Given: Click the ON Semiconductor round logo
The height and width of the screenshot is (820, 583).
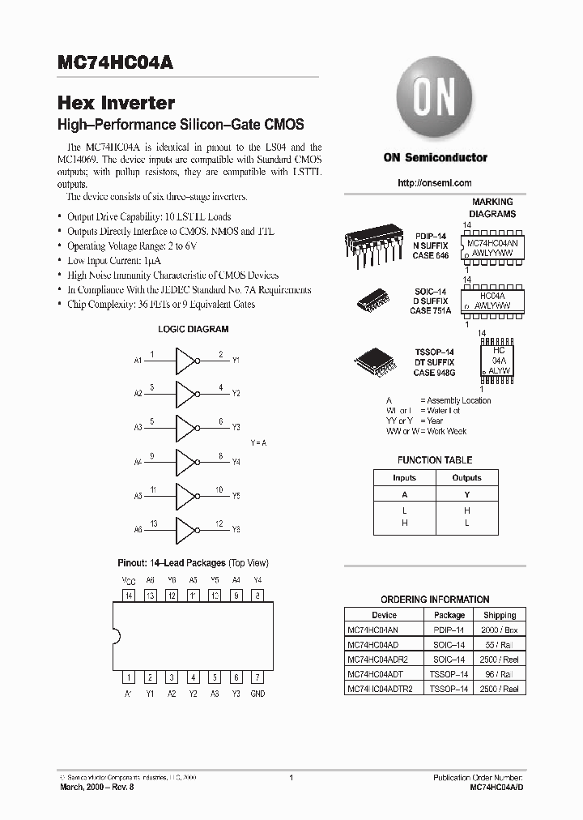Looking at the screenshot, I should point(435,99).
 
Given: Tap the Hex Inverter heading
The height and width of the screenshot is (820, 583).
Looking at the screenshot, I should point(116,104).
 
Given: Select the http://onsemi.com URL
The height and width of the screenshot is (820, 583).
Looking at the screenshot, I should point(435,183).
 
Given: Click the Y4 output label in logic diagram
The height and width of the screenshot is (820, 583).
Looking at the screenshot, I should point(236,461).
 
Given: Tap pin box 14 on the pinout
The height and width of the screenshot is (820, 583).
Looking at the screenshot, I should point(128,596).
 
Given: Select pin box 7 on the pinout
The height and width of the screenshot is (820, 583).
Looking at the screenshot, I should point(257,677).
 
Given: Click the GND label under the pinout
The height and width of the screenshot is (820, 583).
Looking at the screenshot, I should point(257,694).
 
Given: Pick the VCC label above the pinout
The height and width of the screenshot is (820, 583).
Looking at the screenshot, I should point(128,580).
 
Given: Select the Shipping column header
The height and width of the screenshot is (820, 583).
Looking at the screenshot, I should point(500,615).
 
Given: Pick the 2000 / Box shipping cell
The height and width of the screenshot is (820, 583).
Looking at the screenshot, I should point(500,630).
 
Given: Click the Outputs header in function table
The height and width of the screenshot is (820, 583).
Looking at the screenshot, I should point(466,478).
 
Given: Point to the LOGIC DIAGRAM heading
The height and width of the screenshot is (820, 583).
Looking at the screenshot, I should point(193,330).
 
